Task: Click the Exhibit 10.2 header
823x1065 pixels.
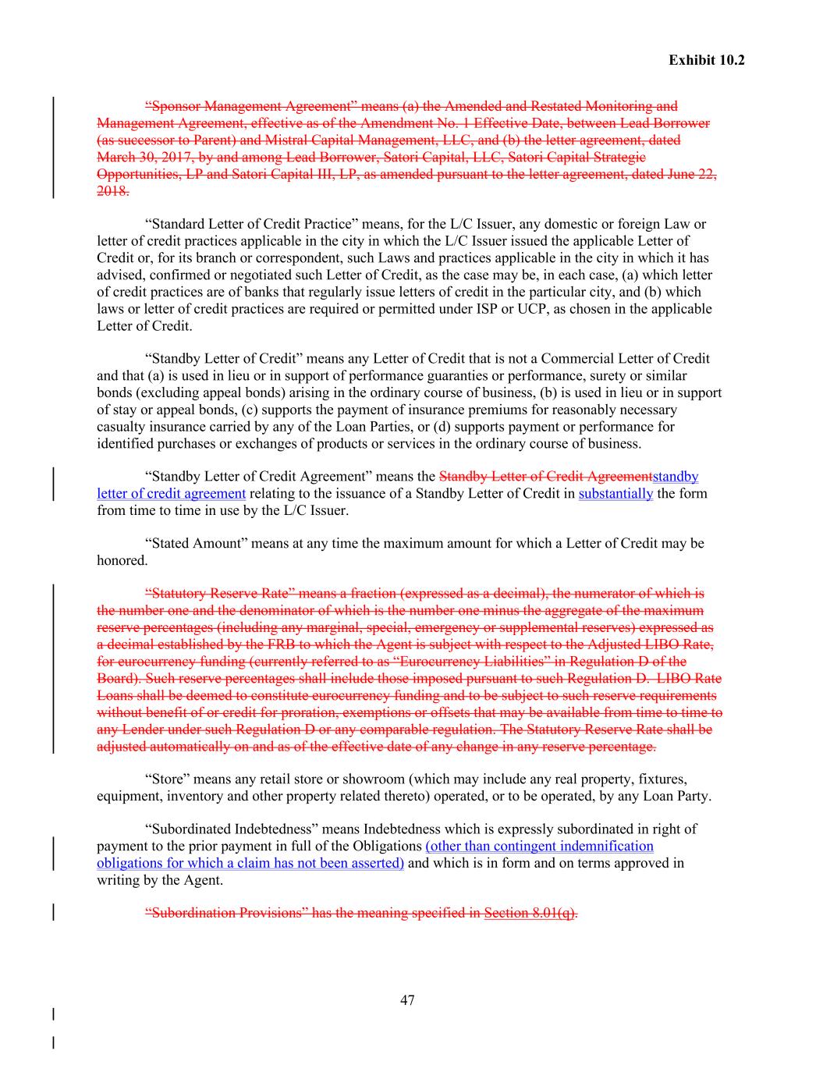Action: [x=706, y=60]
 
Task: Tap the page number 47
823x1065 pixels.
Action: [x=407, y=1000]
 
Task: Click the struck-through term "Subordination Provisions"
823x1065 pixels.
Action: [x=226, y=913]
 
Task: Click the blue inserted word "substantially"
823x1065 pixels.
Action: [x=615, y=493]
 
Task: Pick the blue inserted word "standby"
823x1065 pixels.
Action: [x=675, y=476]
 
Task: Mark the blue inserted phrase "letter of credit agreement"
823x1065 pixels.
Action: [x=172, y=493]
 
